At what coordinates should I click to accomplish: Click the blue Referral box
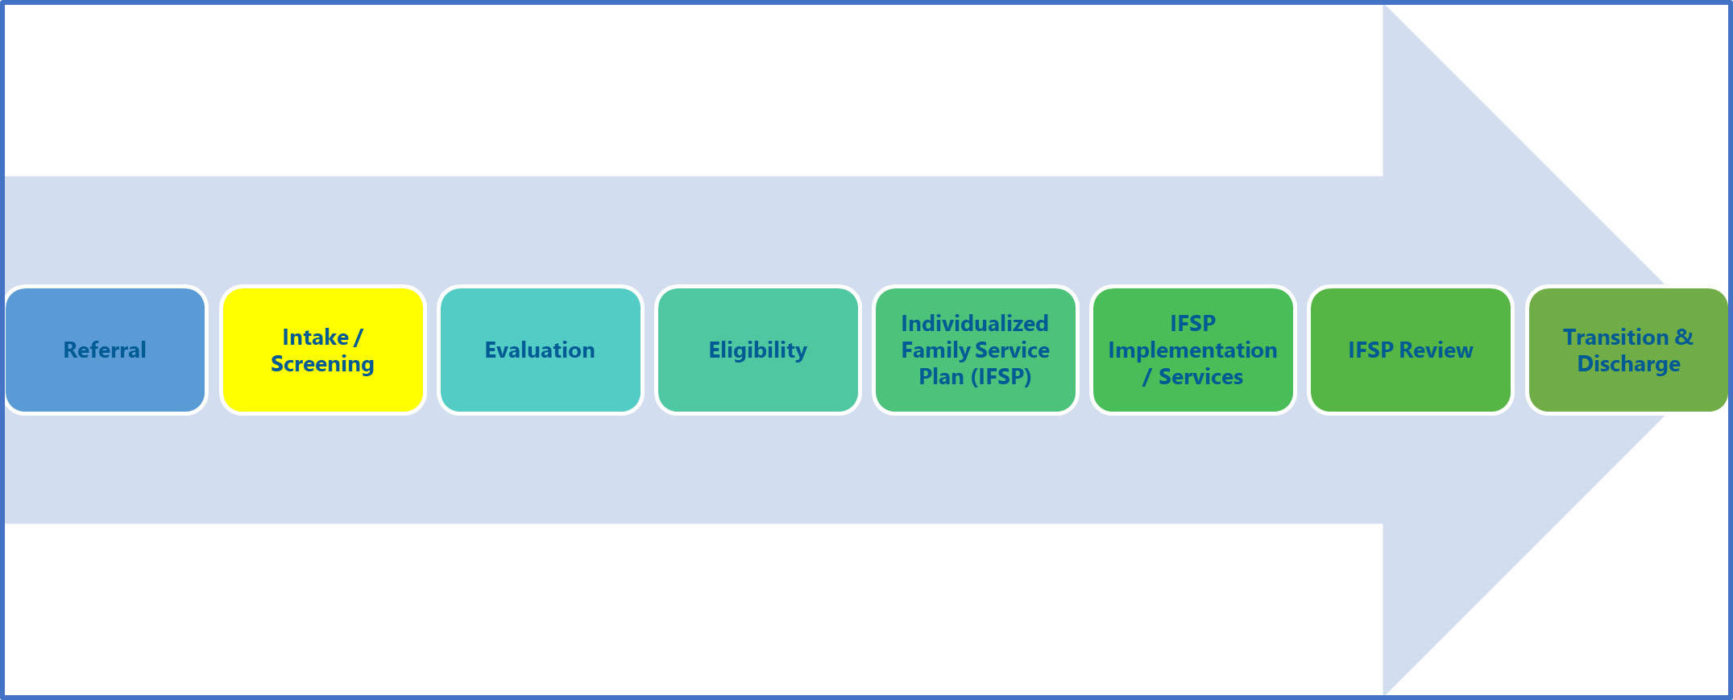click(x=106, y=350)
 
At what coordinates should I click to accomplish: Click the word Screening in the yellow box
click(x=322, y=364)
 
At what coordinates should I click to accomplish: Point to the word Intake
click(x=316, y=337)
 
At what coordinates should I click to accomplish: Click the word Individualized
click(x=975, y=323)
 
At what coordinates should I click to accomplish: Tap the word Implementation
click(x=1192, y=350)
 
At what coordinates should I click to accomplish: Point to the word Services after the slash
click(x=1200, y=376)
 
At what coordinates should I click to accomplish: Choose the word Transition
click(x=1615, y=337)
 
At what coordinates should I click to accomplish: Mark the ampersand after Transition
click(x=1684, y=337)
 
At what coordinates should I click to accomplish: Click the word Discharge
click(x=1628, y=364)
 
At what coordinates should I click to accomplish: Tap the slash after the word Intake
click(x=359, y=337)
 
